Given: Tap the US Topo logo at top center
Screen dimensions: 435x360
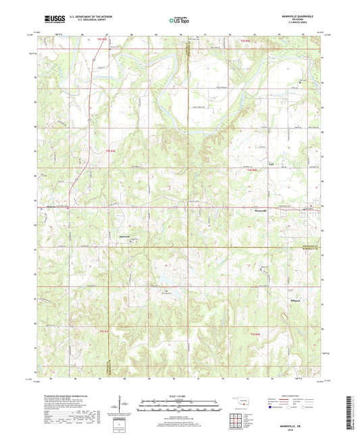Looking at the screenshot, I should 179,20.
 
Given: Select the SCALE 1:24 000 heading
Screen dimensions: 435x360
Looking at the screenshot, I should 180,395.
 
